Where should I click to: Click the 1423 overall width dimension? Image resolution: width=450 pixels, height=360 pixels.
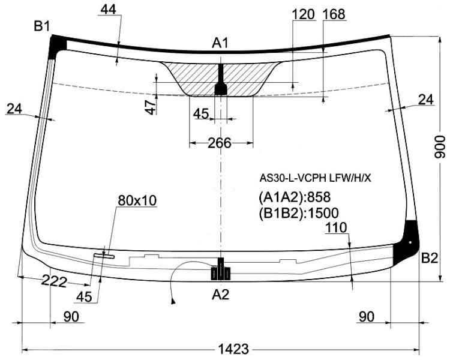233,349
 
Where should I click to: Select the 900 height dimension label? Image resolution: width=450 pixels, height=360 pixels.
440,146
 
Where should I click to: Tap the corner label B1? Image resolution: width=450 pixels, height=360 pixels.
42,26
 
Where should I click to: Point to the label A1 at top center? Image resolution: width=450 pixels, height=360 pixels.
220,43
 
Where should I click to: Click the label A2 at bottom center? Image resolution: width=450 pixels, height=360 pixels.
220,295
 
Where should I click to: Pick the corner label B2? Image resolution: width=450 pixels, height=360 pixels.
430,259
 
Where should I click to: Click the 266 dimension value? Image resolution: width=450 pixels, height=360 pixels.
220,143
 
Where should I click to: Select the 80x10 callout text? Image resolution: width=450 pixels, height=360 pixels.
137,200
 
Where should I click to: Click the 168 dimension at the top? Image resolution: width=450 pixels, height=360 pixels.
334,14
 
